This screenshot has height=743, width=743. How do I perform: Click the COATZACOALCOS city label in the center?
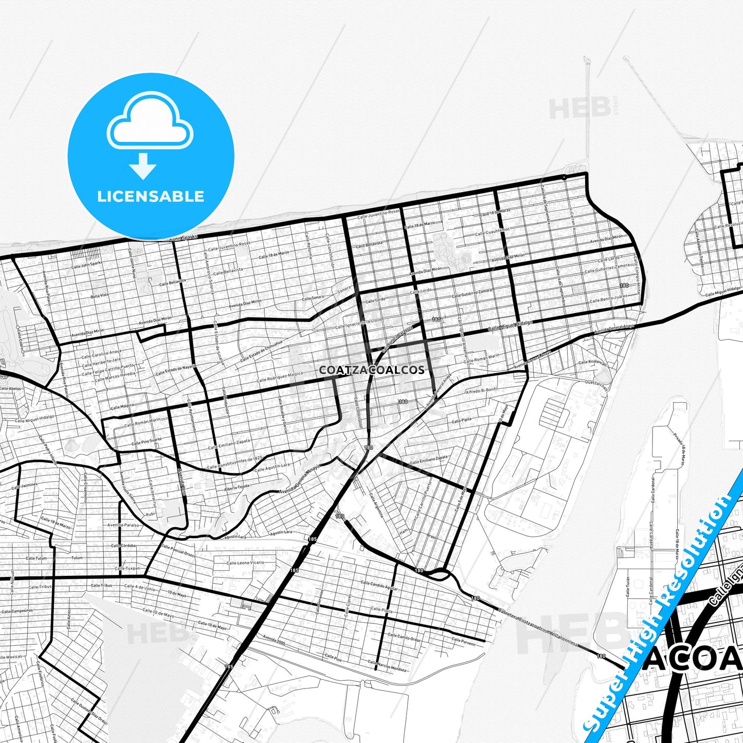pos(372,370)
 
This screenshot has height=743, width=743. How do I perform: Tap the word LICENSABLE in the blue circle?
pos(151,196)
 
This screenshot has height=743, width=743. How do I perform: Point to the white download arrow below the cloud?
pos(143,166)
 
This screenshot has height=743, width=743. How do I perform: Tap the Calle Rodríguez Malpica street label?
pos(280,377)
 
